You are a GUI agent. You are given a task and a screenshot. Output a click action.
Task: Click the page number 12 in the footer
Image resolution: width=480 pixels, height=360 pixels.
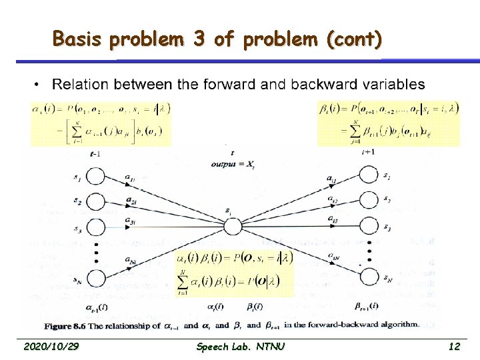tap(454, 347)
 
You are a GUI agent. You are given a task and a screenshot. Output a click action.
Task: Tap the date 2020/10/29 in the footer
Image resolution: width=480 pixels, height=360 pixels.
tap(50, 347)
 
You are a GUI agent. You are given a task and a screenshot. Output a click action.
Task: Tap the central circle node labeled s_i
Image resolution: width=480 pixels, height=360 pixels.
tap(232, 227)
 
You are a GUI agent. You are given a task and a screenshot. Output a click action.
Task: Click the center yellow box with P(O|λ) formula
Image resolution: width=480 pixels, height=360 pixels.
tap(233, 273)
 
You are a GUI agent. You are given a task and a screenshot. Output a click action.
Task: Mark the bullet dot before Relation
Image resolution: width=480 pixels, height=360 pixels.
tap(37, 85)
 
